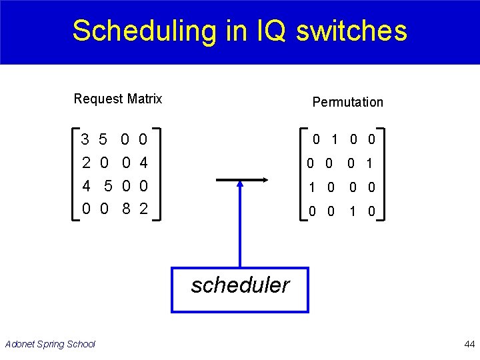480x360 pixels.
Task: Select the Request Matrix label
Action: [x=118, y=99]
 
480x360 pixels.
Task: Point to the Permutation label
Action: [x=347, y=102]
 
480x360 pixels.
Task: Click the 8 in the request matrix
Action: [x=125, y=209]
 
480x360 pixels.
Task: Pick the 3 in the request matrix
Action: [x=85, y=140]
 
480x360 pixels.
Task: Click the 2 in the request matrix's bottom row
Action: [x=143, y=209]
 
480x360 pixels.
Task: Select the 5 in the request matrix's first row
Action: [x=103, y=140]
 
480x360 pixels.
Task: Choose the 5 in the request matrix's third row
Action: [x=108, y=187]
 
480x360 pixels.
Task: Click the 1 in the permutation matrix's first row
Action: [x=335, y=140]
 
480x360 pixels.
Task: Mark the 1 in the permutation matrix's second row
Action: [x=369, y=163]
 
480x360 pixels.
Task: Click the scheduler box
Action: [x=240, y=289]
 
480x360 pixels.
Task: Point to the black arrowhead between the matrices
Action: [x=264, y=180]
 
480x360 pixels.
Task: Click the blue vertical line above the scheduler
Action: [x=240, y=227]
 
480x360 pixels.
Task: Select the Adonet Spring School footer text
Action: [x=50, y=344]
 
